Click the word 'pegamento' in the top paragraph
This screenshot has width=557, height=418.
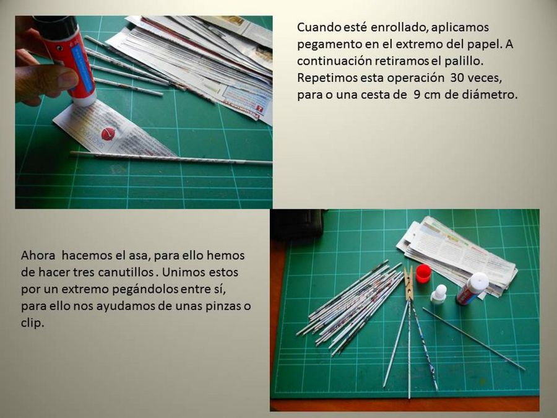pos(327,45)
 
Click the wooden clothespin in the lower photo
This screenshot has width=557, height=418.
pos(409,285)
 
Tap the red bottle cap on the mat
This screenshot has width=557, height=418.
pos(423,273)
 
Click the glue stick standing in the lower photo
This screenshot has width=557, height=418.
pos(472,289)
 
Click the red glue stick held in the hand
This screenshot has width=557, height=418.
pos(67,59)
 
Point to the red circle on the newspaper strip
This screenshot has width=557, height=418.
pos(108,134)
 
